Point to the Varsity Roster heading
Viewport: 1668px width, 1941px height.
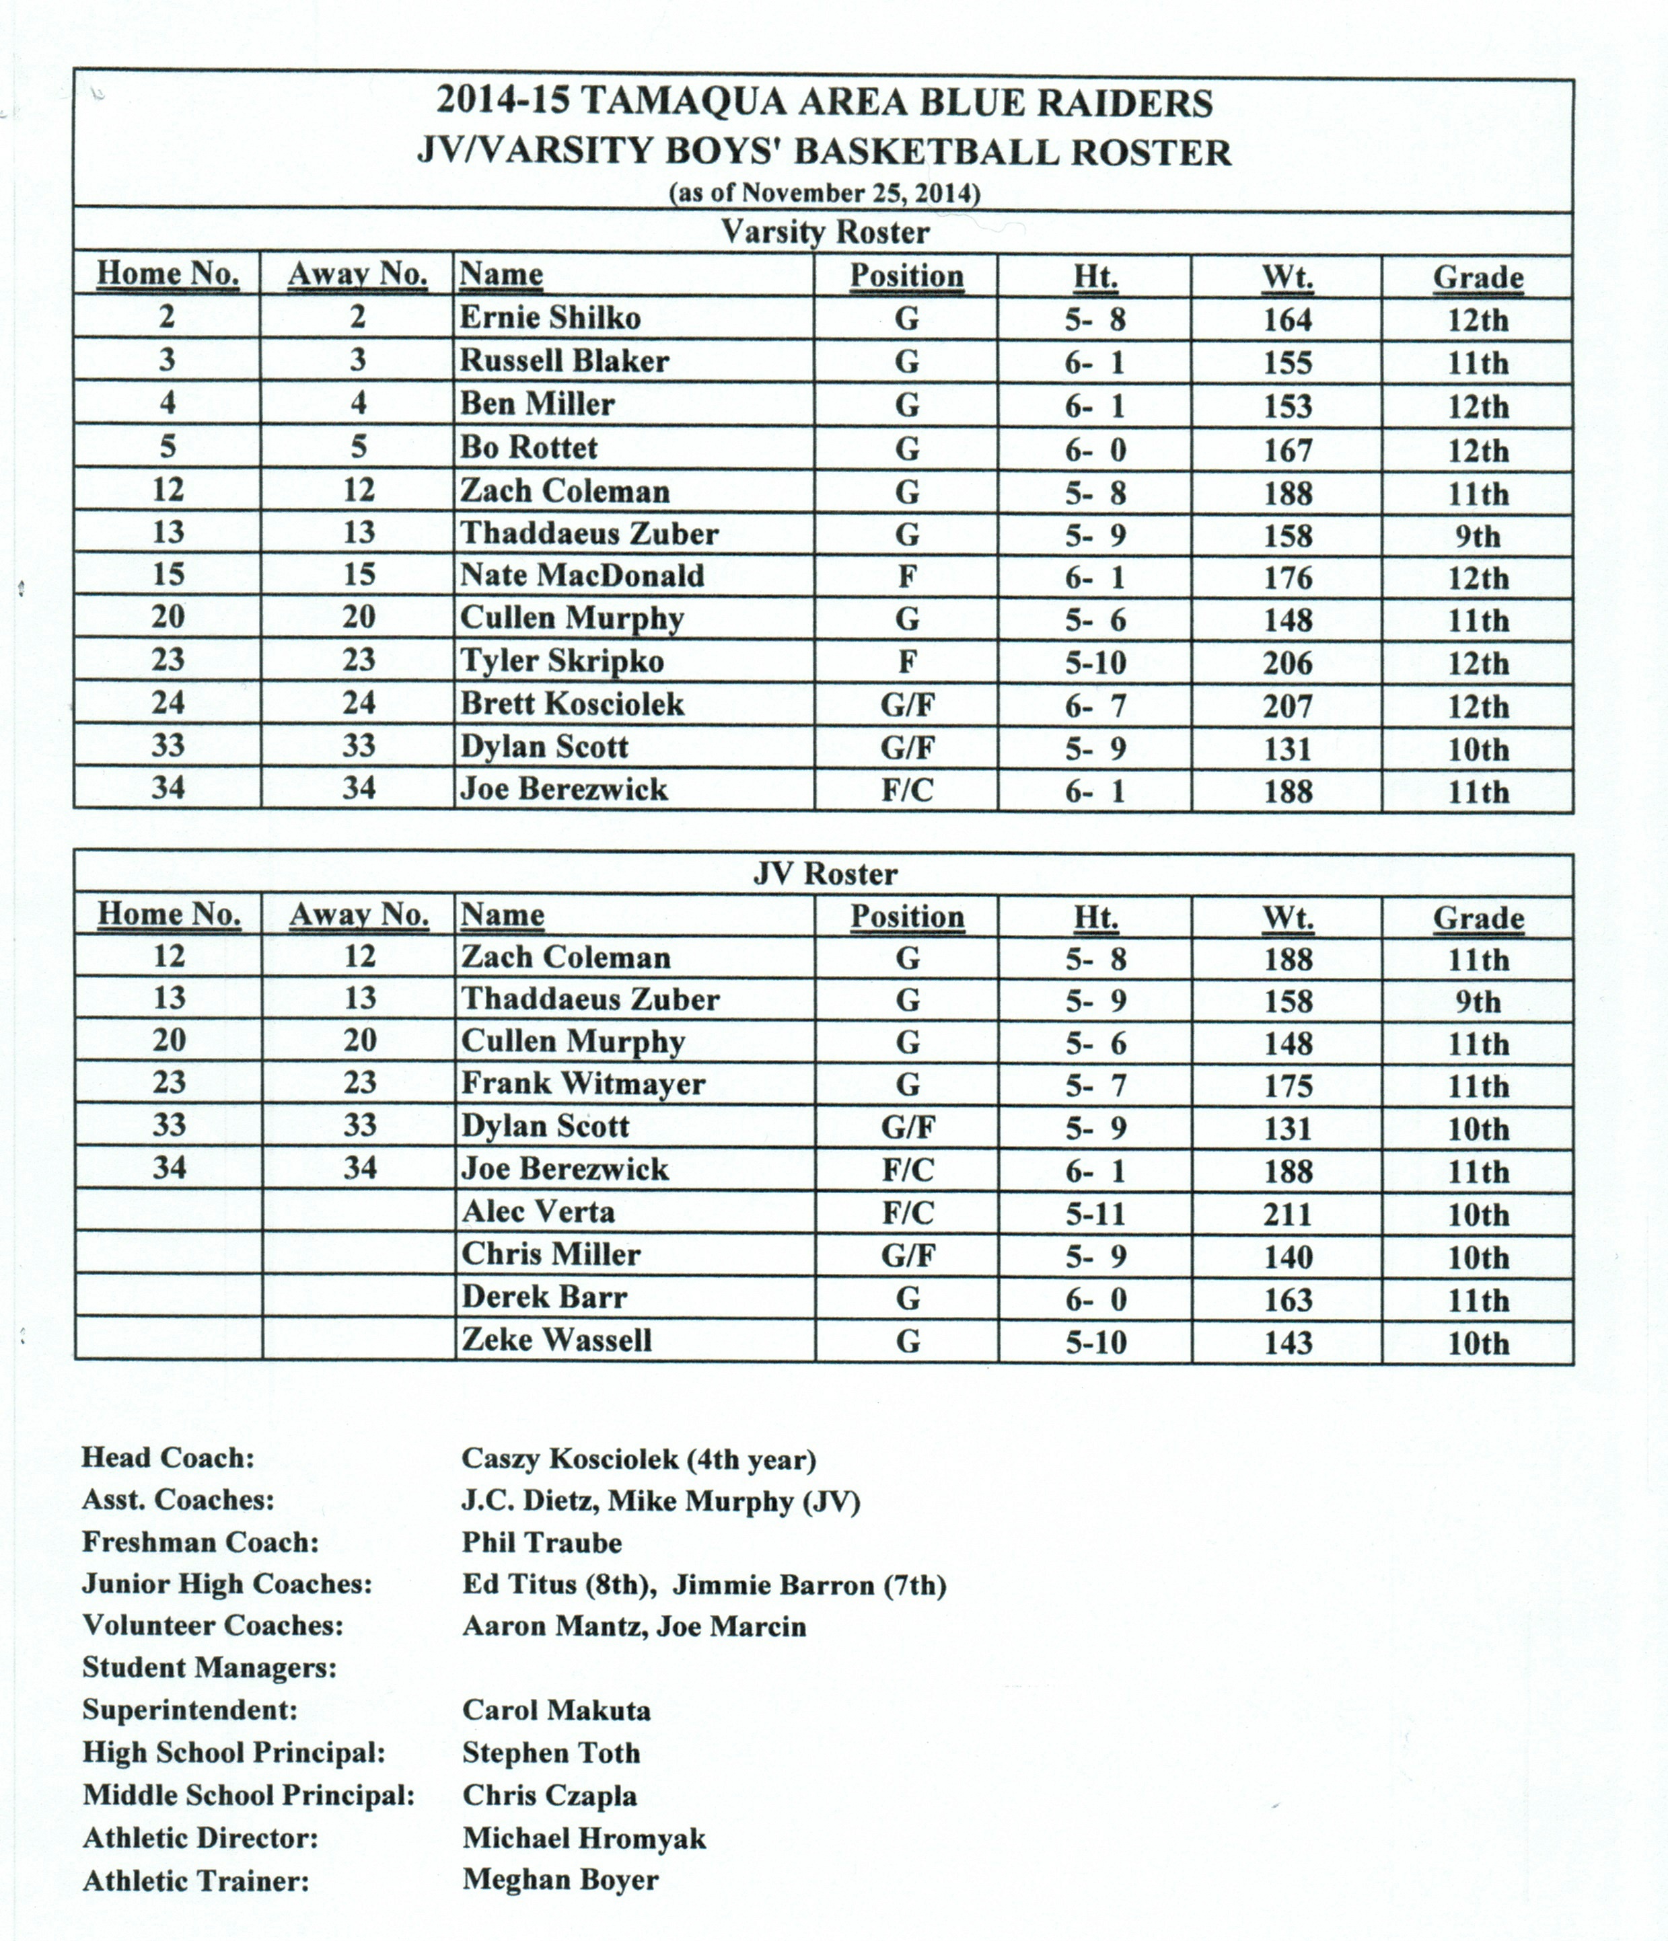825,232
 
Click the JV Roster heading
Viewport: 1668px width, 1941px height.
825,874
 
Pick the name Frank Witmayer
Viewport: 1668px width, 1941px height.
583,1084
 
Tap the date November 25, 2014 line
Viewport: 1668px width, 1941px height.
825,193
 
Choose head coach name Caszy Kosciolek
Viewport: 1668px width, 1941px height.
639,1459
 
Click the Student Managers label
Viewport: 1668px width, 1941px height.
209,1667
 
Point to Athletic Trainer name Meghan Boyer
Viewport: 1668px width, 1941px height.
560,1879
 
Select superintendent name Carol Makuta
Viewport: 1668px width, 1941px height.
556,1710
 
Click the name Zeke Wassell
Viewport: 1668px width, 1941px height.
556,1340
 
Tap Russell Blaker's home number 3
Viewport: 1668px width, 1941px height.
167,360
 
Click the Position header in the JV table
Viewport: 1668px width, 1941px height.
907,916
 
